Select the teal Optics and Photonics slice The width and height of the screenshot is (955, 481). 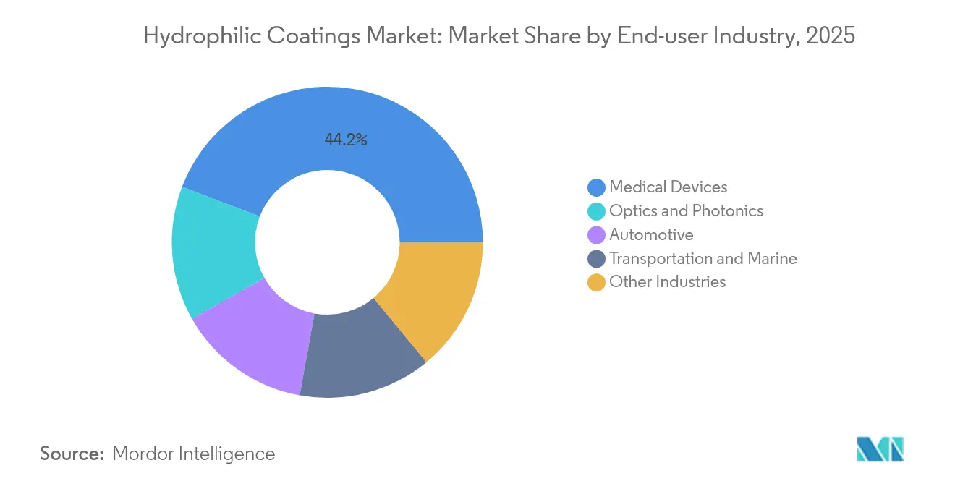pyautogui.click(x=213, y=250)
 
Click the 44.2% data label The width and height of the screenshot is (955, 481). pyautogui.click(x=346, y=140)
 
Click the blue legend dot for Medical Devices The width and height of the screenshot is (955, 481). pyautogui.click(x=596, y=187)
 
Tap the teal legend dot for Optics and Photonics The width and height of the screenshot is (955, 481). pyautogui.click(x=596, y=211)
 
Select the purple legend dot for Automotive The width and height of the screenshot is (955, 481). pyautogui.click(x=596, y=235)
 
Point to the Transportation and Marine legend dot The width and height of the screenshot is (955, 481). pyautogui.click(x=596, y=258)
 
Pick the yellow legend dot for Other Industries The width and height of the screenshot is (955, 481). pyautogui.click(x=596, y=282)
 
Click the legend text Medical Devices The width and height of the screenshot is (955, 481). pyautogui.click(x=668, y=187)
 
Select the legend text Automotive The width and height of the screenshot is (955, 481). pyautogui.click(x=651, y=235)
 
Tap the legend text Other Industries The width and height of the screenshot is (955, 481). pyautogui.click(x=667, y=282)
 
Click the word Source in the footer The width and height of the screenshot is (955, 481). pyautogui.click(x=72, y=454)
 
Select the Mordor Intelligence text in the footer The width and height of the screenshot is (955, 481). pyautogui.click(x=194, y=454)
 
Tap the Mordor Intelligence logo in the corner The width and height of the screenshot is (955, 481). pyautogui.click(x=880, y=449)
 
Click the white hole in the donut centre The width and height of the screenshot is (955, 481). pyautogui.click(x=328, y=242)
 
